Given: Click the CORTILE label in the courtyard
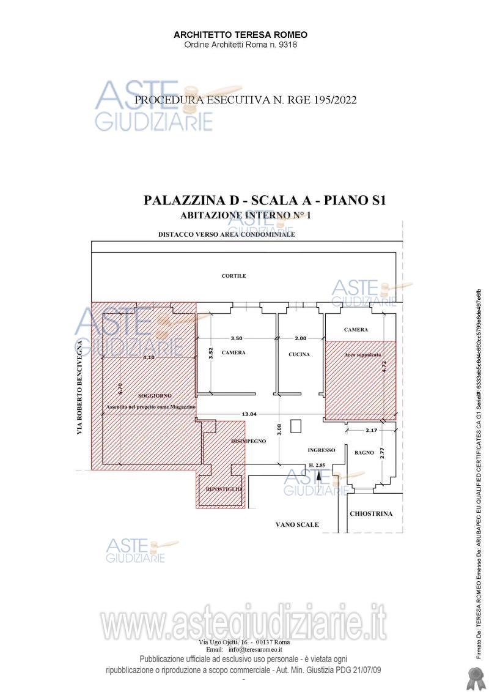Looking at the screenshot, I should pos(233,276).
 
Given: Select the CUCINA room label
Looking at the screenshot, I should pos(299,354).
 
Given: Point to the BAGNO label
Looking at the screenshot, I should pos(364,453).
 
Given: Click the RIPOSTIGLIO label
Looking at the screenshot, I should pos(224,489).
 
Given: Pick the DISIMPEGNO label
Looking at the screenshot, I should pos(248,441).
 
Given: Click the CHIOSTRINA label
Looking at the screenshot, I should pos(371,514).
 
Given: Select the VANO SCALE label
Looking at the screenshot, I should pos(297,524).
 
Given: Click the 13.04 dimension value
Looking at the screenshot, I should pos(249,414).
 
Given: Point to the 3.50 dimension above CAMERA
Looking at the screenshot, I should pos(236,338).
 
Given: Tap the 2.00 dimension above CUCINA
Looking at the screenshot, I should pos(301,338).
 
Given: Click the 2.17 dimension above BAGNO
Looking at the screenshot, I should pos(371,431).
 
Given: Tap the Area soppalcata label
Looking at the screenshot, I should pos(358,355).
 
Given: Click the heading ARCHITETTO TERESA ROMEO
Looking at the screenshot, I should pos(240,35).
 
